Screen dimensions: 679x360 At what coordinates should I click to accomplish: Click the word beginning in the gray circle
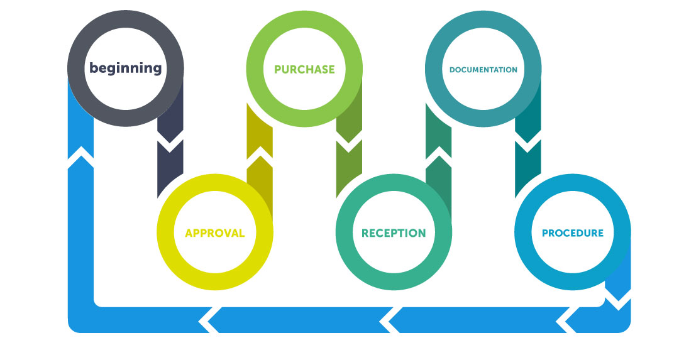pos(126,68)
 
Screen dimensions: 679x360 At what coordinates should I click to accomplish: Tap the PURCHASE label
pos(304,69)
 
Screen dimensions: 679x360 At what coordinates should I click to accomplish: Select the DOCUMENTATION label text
pos(483,70)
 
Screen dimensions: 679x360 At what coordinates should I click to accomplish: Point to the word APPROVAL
pos(215,233)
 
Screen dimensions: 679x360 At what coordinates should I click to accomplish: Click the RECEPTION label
pos(394,233)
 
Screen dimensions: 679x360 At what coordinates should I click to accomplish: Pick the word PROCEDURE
pos(573,233)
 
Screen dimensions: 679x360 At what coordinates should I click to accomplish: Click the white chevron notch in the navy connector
pos(170,141)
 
